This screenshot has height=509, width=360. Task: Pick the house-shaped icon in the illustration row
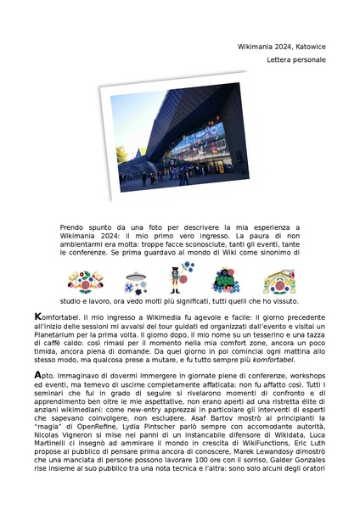[278, 281]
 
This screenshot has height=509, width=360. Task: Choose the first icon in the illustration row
[85, 281]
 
